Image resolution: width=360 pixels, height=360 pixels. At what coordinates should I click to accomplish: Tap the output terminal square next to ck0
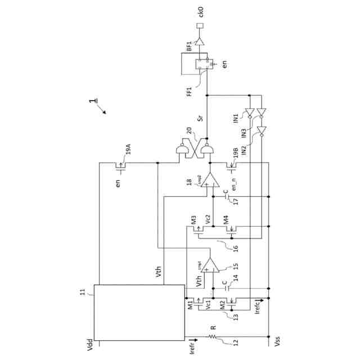point(199,26)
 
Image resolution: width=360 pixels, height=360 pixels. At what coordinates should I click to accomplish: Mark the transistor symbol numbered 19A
point(120,166)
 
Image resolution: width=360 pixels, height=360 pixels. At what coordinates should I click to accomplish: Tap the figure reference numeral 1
point(91,103)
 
